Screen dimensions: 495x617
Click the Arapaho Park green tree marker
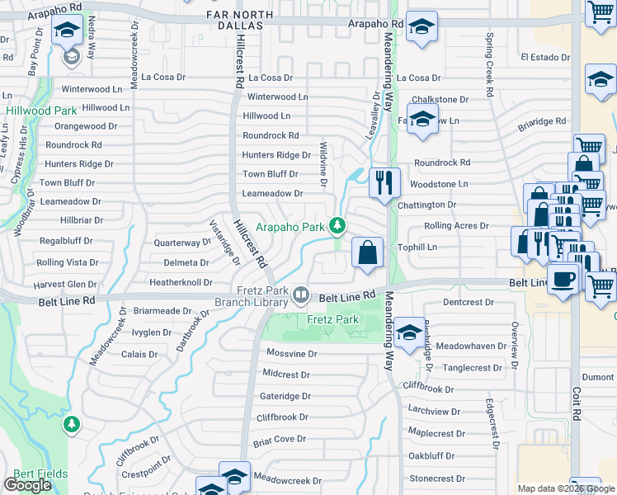[337, 224]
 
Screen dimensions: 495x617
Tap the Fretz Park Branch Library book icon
[302, 295]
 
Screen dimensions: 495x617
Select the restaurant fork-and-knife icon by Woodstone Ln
[384, 183]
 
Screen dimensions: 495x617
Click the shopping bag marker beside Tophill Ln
[367, 252]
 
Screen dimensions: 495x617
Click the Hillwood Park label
[41, 111]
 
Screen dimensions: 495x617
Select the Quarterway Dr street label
[182, 243]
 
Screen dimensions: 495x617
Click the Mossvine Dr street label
[291, 353]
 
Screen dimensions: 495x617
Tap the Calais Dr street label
[139, 354]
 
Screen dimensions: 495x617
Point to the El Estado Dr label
[545, 58]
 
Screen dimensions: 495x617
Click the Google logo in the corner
[27, 485]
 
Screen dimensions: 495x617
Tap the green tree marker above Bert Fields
[72, 425]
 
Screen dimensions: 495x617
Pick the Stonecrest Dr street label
[443, 478]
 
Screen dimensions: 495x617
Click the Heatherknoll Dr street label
[181, 282]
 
